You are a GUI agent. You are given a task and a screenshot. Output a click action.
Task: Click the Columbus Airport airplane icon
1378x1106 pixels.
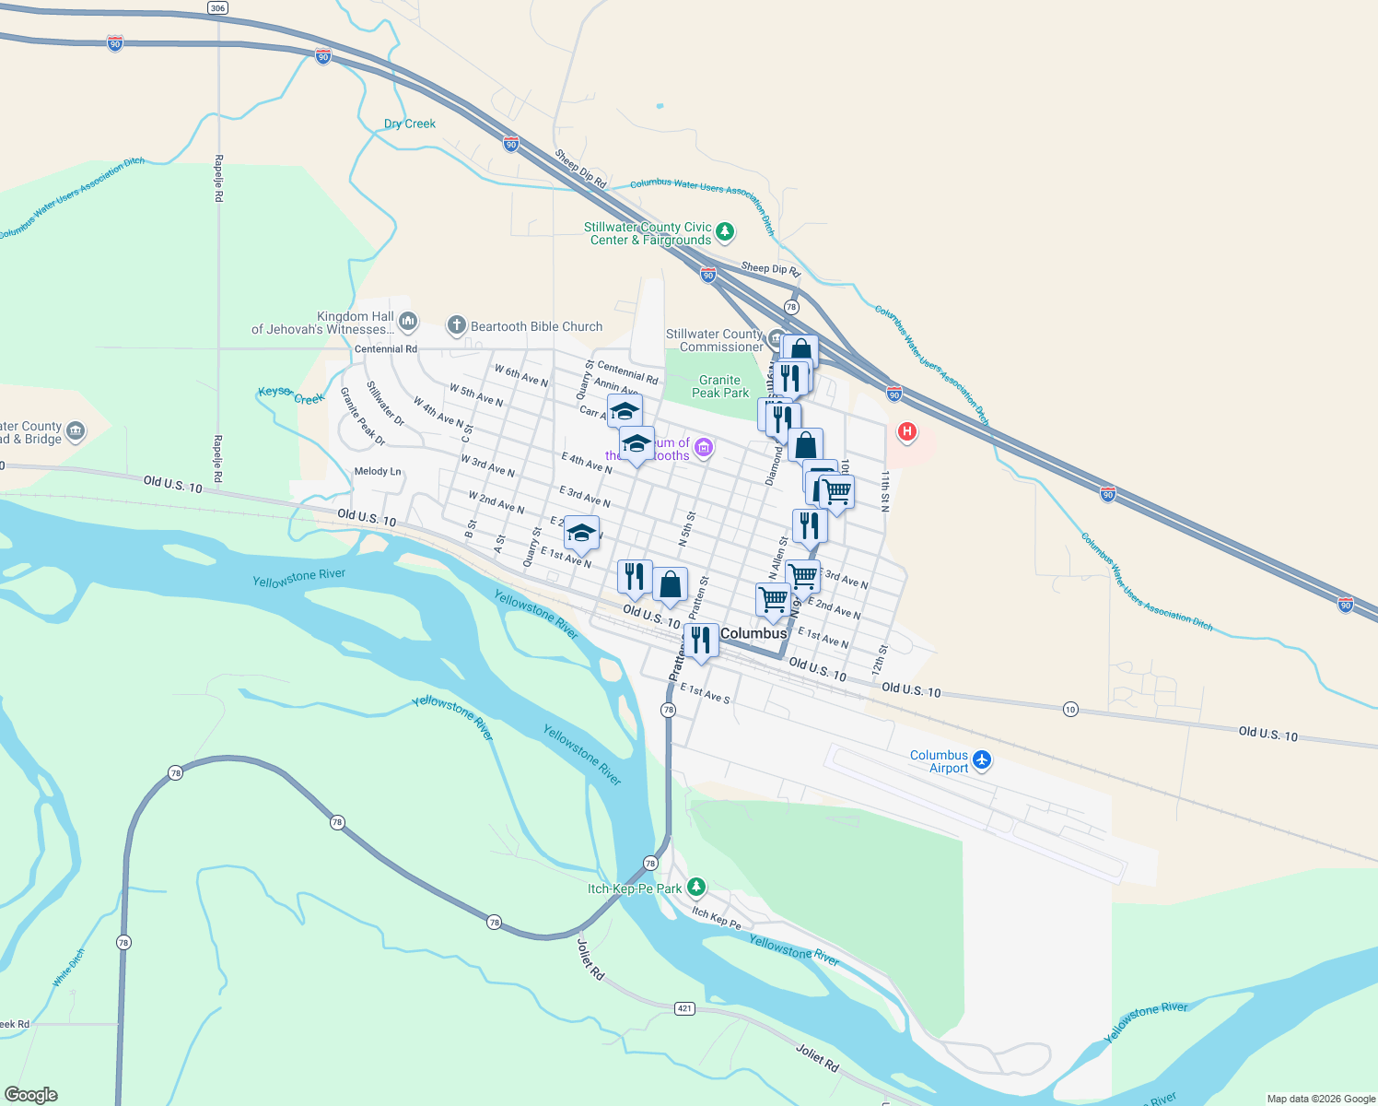point(983,759)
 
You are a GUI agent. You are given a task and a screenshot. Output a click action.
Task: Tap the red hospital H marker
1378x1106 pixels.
point(906,431)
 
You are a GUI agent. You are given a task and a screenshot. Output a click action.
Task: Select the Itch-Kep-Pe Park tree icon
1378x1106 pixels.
point(696,887)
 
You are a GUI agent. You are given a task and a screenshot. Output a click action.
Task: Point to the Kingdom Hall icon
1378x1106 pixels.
point(408,321)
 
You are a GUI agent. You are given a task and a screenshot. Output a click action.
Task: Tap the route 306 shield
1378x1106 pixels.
point(217,8)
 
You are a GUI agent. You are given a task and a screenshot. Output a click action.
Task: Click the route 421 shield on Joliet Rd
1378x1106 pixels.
point(684,1008)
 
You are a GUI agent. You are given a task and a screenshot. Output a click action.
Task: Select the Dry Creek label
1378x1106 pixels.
point(410,124)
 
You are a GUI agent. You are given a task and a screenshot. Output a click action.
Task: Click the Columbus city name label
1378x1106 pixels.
point(753,633)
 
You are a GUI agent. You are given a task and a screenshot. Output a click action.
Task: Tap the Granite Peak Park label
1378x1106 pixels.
point(720,386)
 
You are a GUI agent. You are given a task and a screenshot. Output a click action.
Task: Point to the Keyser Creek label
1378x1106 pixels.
point(291,395)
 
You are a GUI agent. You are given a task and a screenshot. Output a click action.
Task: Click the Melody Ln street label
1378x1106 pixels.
point(378,471)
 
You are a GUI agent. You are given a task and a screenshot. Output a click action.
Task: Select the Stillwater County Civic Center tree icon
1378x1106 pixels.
point(725,230)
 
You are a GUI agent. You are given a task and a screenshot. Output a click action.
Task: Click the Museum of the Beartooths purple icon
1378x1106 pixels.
point(704,448)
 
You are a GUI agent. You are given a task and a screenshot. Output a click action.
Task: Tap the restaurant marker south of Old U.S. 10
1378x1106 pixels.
point(701,641)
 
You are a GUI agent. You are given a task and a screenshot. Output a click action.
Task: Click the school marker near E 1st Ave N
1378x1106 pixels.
point(581,534)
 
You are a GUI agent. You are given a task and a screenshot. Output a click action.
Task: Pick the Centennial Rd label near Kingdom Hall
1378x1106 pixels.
point(386,349)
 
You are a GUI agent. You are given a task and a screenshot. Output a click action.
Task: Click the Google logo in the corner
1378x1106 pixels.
point(31,1095)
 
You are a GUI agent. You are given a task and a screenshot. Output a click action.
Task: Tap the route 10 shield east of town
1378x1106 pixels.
point(1069,709)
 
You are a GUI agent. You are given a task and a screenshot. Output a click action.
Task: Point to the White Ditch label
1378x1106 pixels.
point(69,968)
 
